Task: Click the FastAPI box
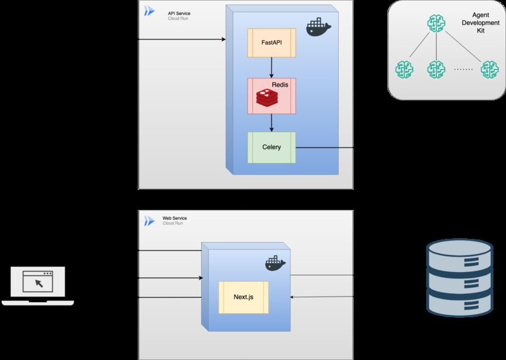pos(272,43)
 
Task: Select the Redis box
pos(272,96)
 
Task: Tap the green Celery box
pos(272,148)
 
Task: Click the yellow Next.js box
pos(243,298)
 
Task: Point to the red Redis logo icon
pos(267,99)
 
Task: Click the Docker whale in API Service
pos(318,28)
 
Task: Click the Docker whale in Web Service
pos(275,263)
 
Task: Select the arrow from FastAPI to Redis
pos(272,68)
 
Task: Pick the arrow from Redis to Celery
pos(272,123)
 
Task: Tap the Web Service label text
pos(175,218)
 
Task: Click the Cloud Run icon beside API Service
pos(150,11)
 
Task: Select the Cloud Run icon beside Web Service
pos(150,221)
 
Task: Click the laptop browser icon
pos(38,285)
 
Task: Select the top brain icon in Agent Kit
pos(436,23)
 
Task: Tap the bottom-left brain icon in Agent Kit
pos(404,69)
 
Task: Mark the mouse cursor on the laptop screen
pos(38,283)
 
